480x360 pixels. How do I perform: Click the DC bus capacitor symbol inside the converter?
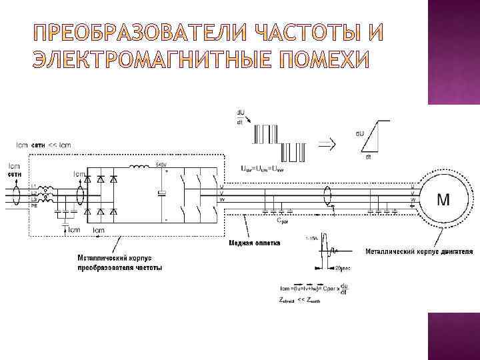point(160,193)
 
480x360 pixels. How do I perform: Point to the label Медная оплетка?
point(255,243)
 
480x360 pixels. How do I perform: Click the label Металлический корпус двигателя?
point(419,252)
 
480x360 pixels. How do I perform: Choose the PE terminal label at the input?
point(34,207)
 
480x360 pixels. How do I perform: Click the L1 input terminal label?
point(34,186)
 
